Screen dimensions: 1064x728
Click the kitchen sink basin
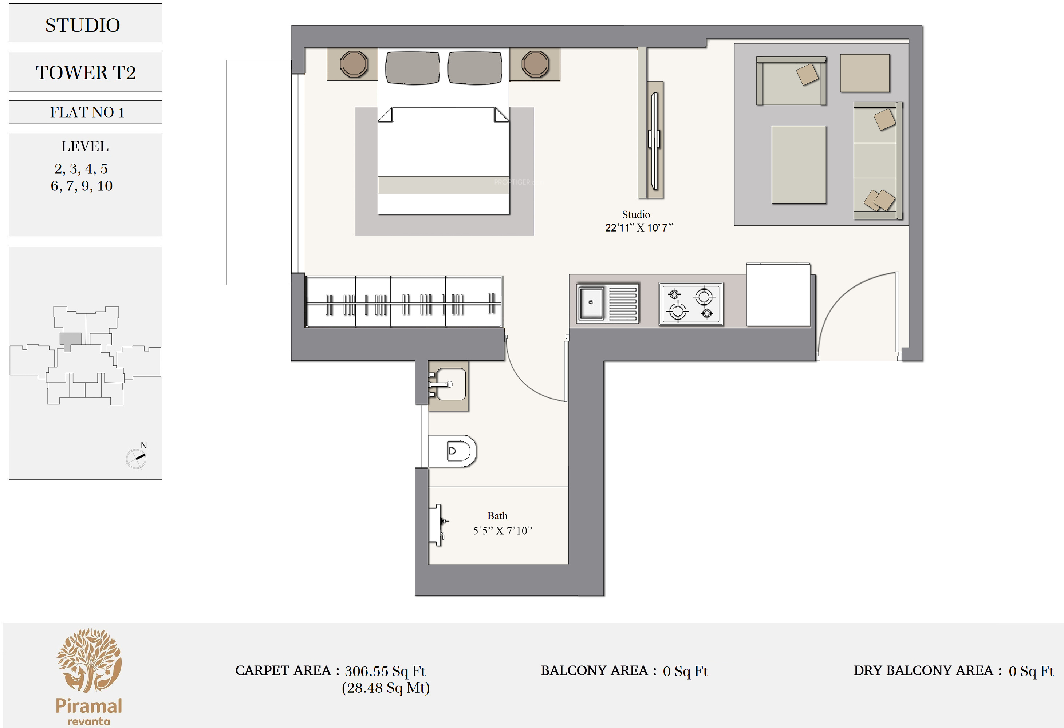591,303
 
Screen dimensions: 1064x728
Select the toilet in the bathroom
452,451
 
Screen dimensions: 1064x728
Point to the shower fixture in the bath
438,525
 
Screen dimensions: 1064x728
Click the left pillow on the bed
413,68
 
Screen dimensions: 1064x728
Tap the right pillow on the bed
475,68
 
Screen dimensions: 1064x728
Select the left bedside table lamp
354,64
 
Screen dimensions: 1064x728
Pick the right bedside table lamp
535,64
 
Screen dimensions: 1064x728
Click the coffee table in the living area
799,165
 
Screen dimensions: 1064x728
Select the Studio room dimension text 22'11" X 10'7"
639,227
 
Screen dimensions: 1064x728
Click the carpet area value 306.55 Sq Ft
385,671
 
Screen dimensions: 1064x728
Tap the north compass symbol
137,458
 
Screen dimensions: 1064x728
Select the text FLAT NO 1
87,112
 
